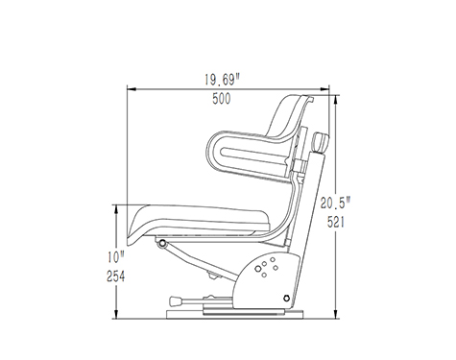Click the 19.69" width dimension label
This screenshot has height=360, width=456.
(222, 80)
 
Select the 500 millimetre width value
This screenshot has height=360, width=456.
(222, 99)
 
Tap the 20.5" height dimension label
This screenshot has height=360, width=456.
(336, 203)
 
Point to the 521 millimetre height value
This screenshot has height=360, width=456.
(336, 222)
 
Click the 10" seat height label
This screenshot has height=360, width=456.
(116, 257)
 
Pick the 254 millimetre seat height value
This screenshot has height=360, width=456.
(115, 276)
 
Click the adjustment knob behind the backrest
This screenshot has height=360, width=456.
(321, 142)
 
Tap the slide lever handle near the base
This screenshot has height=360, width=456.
(176, 301)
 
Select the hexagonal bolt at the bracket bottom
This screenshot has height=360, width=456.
(286, 299)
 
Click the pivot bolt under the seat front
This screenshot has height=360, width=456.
(162, 244)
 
